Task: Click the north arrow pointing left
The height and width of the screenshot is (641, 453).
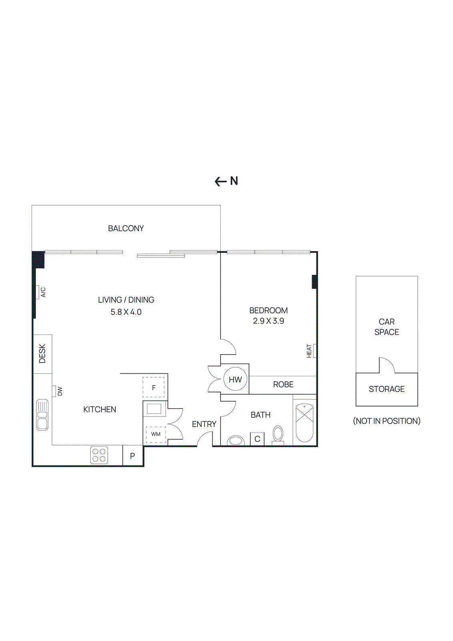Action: (x=220, y=181)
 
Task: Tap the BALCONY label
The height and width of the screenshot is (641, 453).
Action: (x=126, y=228)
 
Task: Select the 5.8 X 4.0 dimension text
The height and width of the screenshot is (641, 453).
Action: (x=126, y=312)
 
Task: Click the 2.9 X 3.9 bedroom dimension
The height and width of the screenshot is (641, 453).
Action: (x=268, y=321)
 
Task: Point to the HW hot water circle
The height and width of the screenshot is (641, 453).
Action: (x=235, y=379)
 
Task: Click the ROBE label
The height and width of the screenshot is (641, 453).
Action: (x=283, y=385)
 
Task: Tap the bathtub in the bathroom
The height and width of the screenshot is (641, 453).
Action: (x=304, y=423)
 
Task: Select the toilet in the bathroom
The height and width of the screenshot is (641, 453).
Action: (x=278, y=435)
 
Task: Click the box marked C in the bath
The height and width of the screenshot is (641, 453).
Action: (x=257, y=439)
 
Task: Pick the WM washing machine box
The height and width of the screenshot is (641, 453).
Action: (x=156, y=434)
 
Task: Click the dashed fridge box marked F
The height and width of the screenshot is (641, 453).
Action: (x=153, y=387)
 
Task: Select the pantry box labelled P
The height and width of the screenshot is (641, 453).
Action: (x=133, y=456)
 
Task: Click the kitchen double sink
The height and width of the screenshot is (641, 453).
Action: (x=42, y=415)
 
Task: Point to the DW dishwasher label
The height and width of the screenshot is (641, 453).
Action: (x=60, y=391)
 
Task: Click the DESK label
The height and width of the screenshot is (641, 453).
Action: (x=42, y=353)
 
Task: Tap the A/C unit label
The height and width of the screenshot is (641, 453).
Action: (x=43, y=292)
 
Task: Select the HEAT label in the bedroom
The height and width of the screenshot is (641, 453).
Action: (x=309, y=351)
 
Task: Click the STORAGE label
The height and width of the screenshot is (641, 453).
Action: (x=387, y=389)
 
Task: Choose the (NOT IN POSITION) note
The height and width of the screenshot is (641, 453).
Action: (x=387, y=421)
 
